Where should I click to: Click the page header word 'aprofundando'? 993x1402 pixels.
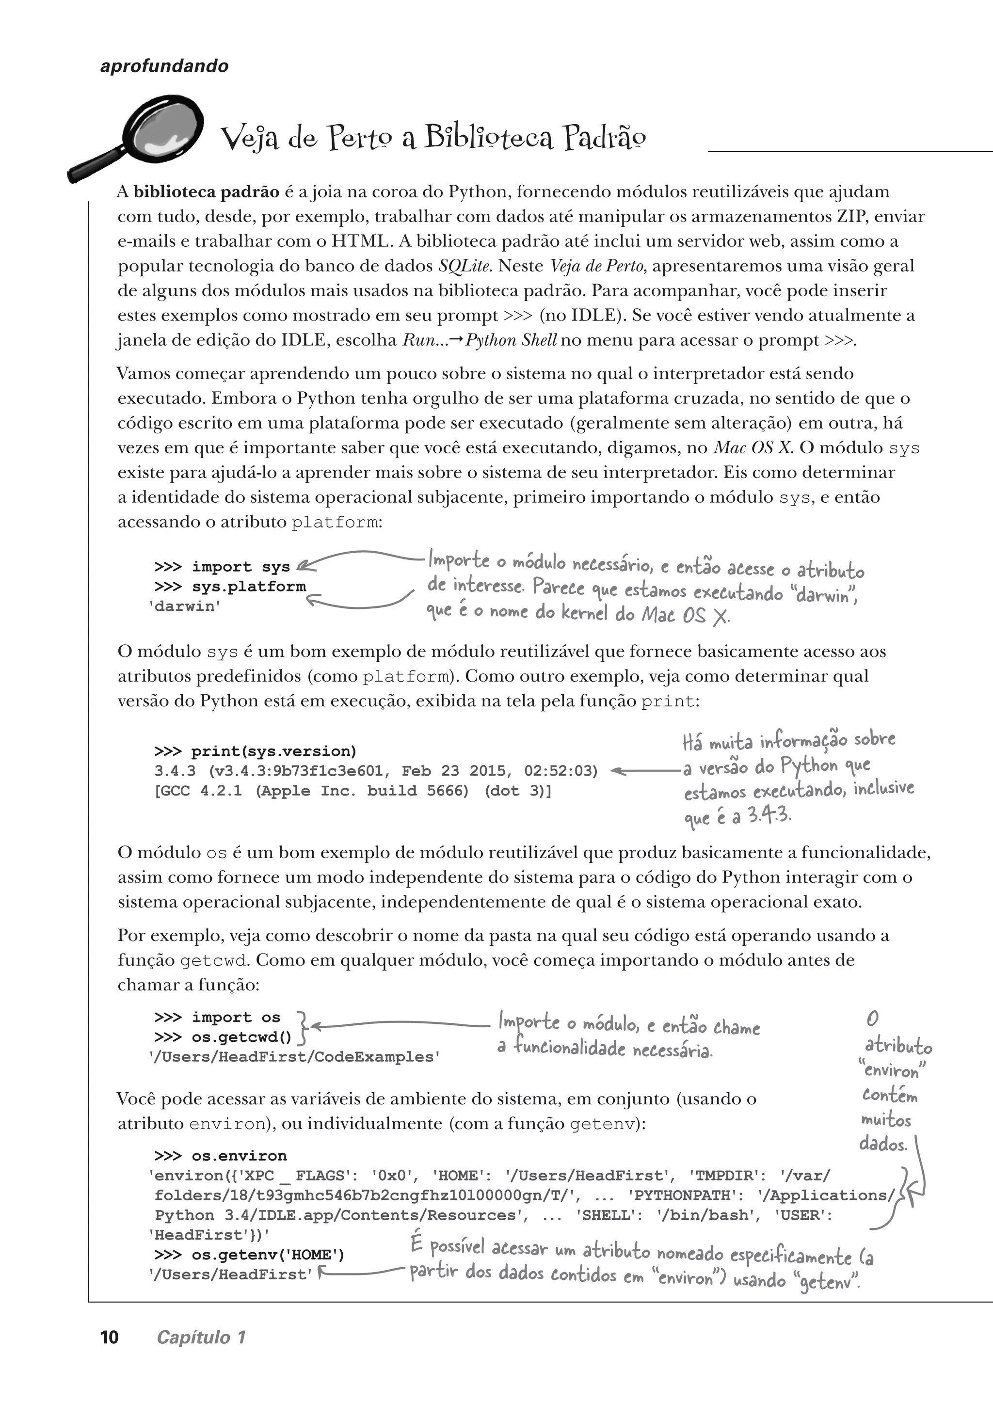[x=164, y=66]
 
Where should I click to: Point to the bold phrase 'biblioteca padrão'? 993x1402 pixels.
[x=206, y=192]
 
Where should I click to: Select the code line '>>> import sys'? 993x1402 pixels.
[x=222, y=567]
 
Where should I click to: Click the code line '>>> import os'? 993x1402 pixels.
[x=217, y=1018]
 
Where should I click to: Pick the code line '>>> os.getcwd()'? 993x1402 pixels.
[x=223, y=1037]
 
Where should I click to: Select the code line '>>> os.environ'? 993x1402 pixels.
[x=220, y=1156]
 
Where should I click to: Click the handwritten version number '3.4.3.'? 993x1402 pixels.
[x=770, y=816]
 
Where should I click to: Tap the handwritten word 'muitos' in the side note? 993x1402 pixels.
[x=886, y=1120]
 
